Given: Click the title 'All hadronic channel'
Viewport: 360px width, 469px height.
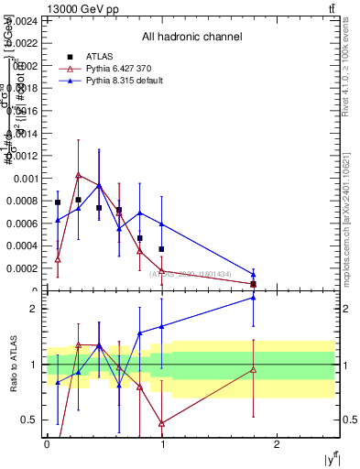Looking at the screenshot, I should [191, 37].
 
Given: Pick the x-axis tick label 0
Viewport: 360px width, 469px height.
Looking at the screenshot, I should [47, 443].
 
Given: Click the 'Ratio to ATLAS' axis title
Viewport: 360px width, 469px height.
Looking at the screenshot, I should [14, 365].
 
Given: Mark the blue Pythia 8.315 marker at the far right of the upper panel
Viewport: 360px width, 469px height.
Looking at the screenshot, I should [254, 275].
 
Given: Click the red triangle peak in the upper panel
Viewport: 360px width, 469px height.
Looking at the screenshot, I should [79, 174].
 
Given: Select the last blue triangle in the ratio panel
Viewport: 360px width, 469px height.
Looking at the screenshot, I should [254, 297].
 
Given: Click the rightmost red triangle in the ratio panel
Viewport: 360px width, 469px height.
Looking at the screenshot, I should [254, 369].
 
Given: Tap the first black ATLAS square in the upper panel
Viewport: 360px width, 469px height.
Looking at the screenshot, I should [58, 202].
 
